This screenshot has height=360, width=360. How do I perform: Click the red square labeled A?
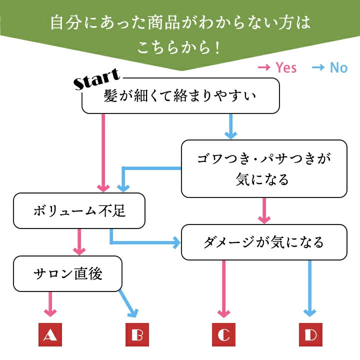click(49, 335)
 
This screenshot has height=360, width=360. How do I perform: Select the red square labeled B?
click(136, 335)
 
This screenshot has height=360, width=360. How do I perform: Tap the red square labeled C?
click(223, 335)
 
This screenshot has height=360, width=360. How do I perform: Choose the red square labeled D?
click(310, 335)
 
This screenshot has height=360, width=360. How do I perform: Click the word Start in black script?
click(96, 80)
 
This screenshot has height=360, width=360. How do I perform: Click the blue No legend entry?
click(329, 67)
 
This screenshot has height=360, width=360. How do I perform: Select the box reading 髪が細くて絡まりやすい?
click(180, 95)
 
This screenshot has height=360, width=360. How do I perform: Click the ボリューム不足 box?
click(79, 210)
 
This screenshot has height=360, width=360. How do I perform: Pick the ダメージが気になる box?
click(263, 242)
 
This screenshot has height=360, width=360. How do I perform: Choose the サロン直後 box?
click(67, 273)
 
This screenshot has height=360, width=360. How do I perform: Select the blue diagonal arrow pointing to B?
click(128, 304)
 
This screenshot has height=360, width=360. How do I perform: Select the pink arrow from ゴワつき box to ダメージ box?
click(264, 210)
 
